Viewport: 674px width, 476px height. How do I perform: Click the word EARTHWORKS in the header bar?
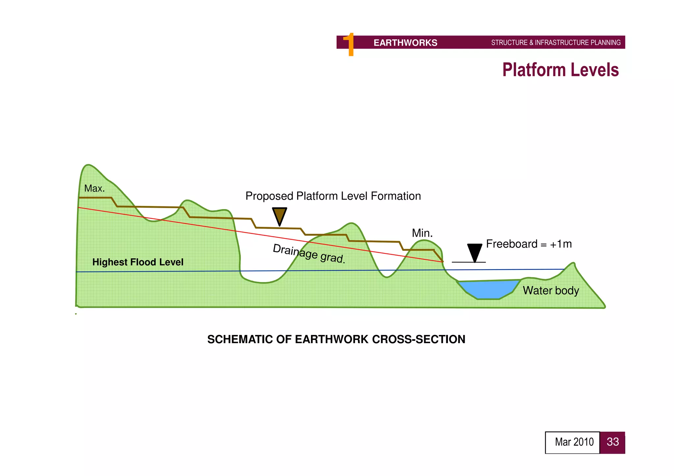[x=405, y=43]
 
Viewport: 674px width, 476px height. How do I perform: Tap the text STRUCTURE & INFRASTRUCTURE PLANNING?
[x=556, y=43]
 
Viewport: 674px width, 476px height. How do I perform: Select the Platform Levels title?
[x=560, y=70]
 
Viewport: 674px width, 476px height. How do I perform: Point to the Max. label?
[x=94, y=188]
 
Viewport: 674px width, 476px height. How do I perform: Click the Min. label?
[x=422, y=233]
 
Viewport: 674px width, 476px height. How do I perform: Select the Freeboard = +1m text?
[x=529, y=244]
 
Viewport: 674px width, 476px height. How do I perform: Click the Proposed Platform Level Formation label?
[x=333, y=196]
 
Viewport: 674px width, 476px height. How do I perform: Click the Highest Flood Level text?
[x=138, y=262]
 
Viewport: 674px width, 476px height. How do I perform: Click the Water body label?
[x=551, y=291]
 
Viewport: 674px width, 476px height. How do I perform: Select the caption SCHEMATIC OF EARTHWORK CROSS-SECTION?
[x=336, y=339]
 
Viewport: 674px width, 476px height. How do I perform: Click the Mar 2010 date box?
[x=573, y=442]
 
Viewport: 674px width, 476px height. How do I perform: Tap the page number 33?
[x=612, y=442]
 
